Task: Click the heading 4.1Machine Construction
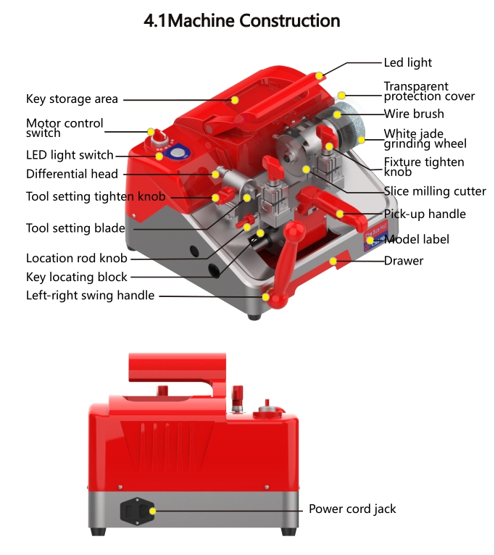point(242,21)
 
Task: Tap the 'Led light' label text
point(408,63)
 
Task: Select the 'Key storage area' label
point(72,99)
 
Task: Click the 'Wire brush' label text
point(413,114)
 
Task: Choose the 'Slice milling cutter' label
point(435,191)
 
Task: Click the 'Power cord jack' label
point(352,509)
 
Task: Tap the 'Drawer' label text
point(404,260)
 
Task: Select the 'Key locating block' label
point(76,277)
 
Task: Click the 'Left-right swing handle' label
point(90,295)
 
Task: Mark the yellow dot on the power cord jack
point(152,511)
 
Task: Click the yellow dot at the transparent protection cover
point(342,94)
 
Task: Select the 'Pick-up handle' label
point(425,214)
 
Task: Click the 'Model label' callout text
point(417,239)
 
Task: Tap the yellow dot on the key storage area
point(236,99)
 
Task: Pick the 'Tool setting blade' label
point(75,228)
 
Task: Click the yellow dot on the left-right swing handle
point(266,296)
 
